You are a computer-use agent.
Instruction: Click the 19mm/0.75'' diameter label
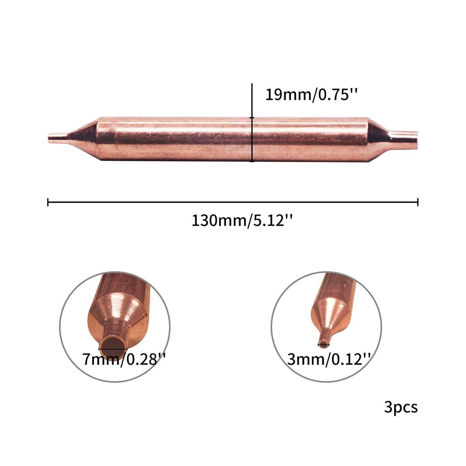click(x=311, y=95)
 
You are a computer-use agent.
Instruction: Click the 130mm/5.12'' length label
click(x=242, y=220)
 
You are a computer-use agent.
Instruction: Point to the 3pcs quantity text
click(x=401, y=407)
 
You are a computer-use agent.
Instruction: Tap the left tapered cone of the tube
click(x=83, y=138)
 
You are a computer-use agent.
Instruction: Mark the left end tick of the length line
click(x=48, y=202)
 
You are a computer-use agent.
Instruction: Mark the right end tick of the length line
click(x=418, y=202)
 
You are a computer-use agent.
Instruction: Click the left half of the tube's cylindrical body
click(x=172, y=139)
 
